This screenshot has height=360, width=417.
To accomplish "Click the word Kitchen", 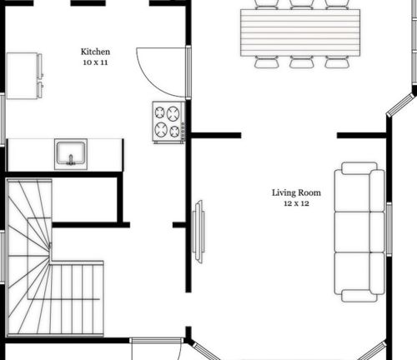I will (x=93, y=51).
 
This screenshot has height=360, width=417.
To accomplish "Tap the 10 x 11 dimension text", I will (x=93, y=62).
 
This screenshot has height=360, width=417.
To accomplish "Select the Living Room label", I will (x=296, y=192).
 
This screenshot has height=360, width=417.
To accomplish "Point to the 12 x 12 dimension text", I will (x=296, y=204).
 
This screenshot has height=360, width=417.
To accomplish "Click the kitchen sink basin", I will (x=70, y=153).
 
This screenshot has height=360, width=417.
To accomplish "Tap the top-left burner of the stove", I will (x=159, y=111).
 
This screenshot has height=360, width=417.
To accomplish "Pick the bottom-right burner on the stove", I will (x=175, y=131).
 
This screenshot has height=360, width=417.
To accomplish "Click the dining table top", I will (x=300, y=32).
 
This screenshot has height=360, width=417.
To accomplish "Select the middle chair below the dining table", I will (x=301, y=62).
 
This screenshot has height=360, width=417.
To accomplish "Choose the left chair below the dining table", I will (x=266, y=62).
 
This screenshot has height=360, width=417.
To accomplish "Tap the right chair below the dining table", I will (x=336, y=62).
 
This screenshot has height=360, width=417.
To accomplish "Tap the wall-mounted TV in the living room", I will (x=198, y=232).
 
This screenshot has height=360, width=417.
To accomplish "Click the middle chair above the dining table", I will (x=301, y=3).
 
